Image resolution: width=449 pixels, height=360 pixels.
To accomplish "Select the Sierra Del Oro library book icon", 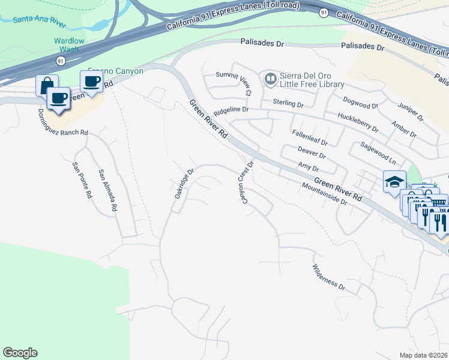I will coord(270,79).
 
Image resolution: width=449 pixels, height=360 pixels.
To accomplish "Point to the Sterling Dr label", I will coord(288,104).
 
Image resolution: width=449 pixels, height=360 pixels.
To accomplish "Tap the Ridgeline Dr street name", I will coord(231,110).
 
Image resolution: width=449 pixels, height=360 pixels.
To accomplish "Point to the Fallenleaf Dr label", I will coord(310,138).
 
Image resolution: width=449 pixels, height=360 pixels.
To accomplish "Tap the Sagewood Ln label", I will coord(378,153).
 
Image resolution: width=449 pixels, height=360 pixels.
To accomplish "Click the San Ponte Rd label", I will coord(82,181).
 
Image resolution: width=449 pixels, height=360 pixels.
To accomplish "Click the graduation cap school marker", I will coord(394,181).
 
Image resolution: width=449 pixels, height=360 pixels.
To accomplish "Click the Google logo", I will coord(20,353).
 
